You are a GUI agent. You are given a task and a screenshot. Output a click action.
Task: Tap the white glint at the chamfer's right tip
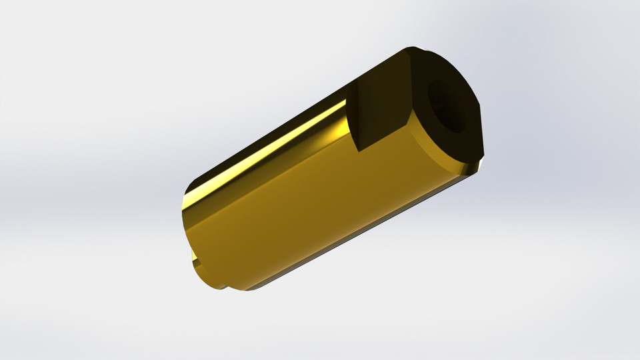coord(478,166)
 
